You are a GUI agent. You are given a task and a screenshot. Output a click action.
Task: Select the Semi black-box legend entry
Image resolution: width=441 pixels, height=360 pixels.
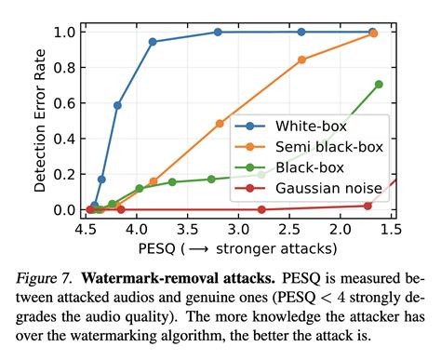coord(325,147)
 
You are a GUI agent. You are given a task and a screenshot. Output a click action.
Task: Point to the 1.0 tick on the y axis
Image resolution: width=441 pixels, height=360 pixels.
coord(65,32)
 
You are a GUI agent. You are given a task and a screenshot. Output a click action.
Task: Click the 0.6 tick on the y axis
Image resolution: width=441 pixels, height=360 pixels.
coord(65,103)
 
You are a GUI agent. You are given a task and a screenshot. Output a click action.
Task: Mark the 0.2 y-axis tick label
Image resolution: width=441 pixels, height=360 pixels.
coord(65,174)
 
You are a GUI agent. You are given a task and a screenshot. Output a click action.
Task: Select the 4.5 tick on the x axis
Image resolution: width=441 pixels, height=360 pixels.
coord(86,229)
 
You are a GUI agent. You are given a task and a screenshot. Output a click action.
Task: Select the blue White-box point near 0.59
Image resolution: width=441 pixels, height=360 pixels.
coord(117,105)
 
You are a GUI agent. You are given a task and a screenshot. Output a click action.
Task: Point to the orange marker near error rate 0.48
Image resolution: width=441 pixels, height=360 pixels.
coord(220,124)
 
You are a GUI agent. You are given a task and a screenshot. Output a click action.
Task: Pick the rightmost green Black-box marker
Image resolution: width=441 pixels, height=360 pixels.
coord(379,85)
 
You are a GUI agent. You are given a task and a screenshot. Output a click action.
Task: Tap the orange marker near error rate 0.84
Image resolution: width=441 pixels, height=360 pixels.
coord(301,60)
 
